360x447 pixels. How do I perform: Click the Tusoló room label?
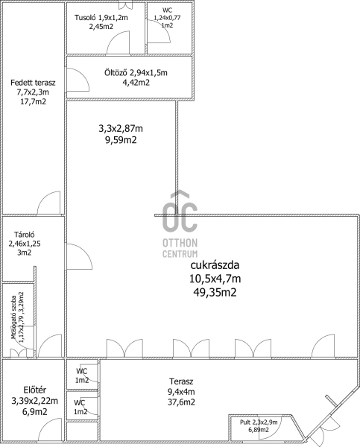[86, 18]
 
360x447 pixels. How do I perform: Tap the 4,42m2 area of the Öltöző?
[135, 83]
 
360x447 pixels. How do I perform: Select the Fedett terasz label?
[33, 83]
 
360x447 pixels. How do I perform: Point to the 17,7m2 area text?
[33, 101]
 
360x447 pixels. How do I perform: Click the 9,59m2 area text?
[121, 140]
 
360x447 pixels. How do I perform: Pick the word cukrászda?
[215, 265]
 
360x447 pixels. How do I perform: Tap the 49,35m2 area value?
[215, 293]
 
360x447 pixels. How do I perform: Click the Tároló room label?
[25, 235]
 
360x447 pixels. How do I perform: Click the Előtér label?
[34, 390]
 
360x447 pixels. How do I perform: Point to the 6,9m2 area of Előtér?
[34, 412]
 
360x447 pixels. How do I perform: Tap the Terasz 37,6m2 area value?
[181, 402]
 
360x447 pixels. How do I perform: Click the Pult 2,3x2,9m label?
[259, 422]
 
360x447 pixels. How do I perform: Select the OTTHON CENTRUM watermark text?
[180, 248]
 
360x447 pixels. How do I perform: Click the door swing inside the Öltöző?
[78, 80]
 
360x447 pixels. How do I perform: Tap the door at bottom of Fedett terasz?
[48, 203]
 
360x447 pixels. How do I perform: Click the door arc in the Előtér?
[50, 430]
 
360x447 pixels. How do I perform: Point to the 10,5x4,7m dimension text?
[215, 279]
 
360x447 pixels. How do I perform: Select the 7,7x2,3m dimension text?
[33, 92]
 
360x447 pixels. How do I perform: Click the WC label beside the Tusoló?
[167, 10]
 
